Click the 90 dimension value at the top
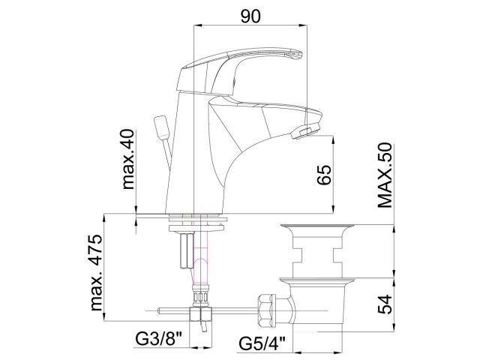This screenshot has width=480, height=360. tap(250, 16)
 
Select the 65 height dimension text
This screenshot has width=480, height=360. tap(324, 175)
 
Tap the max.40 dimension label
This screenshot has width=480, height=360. tap(128, 159)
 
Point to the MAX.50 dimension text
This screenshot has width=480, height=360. tap(385, 175)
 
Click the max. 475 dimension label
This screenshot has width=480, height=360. tap(97, 272)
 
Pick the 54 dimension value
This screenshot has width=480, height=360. tap(385, 304)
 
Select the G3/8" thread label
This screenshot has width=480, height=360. tap(159, 339)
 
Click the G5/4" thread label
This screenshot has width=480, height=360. tap(262, 343)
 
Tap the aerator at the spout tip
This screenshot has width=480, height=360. tap(305, 131)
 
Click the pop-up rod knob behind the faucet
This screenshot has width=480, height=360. tap(161, 127)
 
